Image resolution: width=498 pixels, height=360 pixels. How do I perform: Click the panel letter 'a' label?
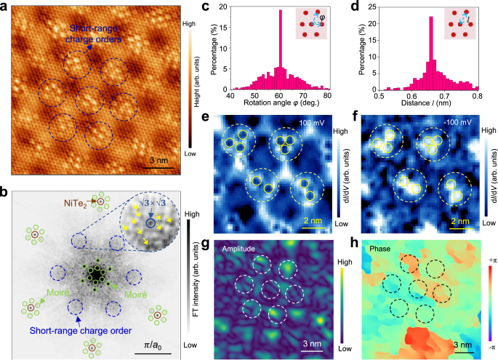6,7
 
